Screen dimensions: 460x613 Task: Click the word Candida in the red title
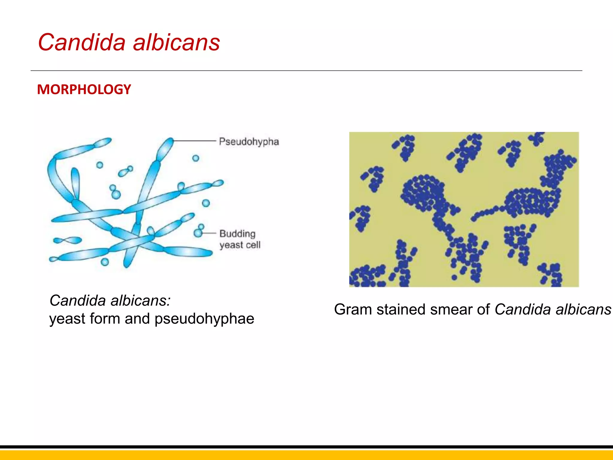coord(81,42)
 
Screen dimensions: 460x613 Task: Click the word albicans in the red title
coord(176,42)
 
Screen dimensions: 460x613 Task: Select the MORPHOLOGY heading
coord(84,90)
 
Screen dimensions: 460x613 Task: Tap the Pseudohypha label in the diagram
coord(249,142)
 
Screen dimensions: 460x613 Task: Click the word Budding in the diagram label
coord(237,234)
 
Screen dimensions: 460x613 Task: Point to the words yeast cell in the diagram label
coord(240,245)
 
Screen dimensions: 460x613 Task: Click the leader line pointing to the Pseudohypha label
coord(195,140)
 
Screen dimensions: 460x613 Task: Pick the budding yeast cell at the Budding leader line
coord(198,232)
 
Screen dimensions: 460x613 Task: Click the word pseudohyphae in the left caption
coord(204,318)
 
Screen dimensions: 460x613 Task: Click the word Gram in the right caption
coord(353,309)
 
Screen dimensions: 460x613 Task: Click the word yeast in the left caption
coord(67,318)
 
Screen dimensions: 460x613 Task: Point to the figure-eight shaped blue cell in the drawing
coord(68,240)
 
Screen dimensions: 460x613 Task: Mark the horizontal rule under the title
coord(306,71)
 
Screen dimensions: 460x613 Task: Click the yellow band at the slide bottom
coord(306,455)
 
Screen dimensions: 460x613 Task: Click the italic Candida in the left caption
coord(78,300)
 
